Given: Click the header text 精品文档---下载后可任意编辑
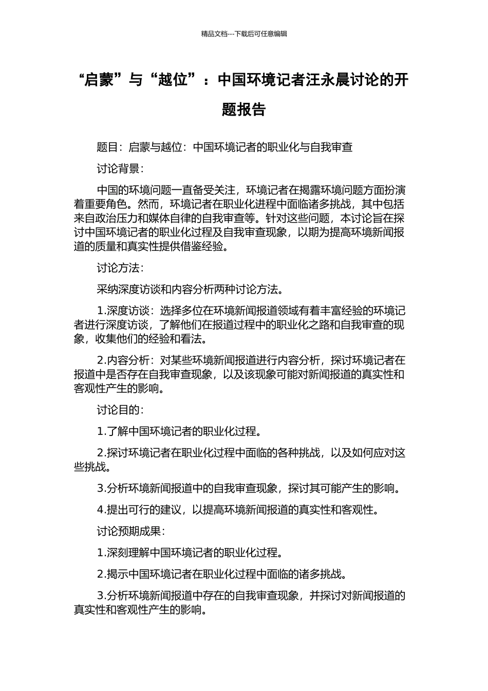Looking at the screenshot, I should [244, 34].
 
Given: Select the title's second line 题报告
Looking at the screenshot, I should [244, 110].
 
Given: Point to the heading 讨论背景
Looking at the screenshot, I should [118, 169].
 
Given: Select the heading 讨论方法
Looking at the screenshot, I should [118, 268].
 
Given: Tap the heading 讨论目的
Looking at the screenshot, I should [118, 410].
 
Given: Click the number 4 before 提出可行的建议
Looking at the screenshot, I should [100, 510].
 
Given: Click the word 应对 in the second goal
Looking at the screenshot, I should [384, 453].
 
